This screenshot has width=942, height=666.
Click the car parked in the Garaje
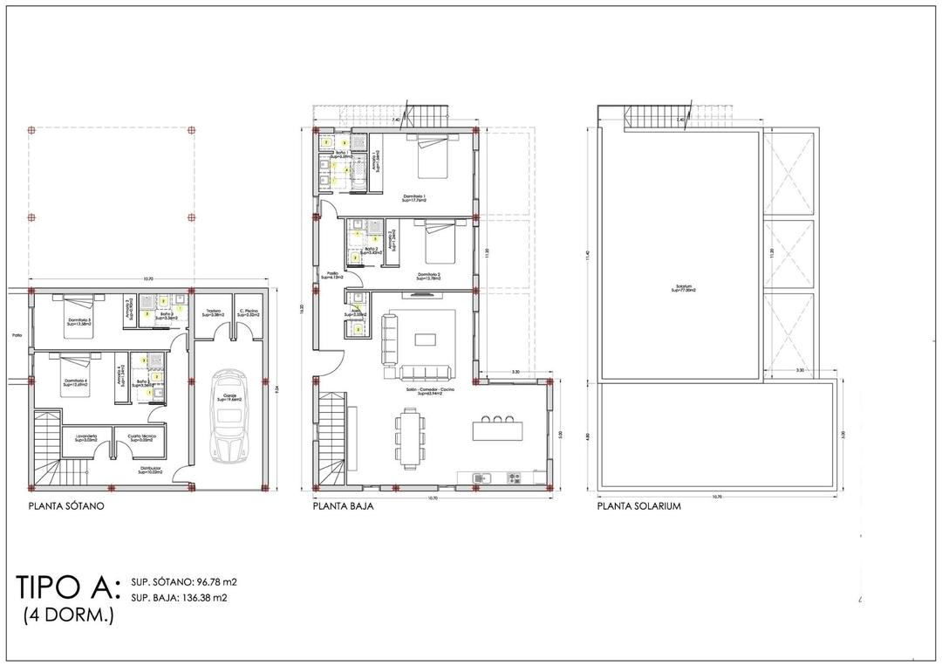click(x=229, y=416)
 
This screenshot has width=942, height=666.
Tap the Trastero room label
click(x=212, y=312)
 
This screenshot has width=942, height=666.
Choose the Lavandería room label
click(x=86, y=436)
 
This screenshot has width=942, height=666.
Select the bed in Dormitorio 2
click(x=440, y=247)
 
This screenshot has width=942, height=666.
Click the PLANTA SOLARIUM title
click(x=639, y=505)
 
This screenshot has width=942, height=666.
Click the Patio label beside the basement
click(x=16, y=334)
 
